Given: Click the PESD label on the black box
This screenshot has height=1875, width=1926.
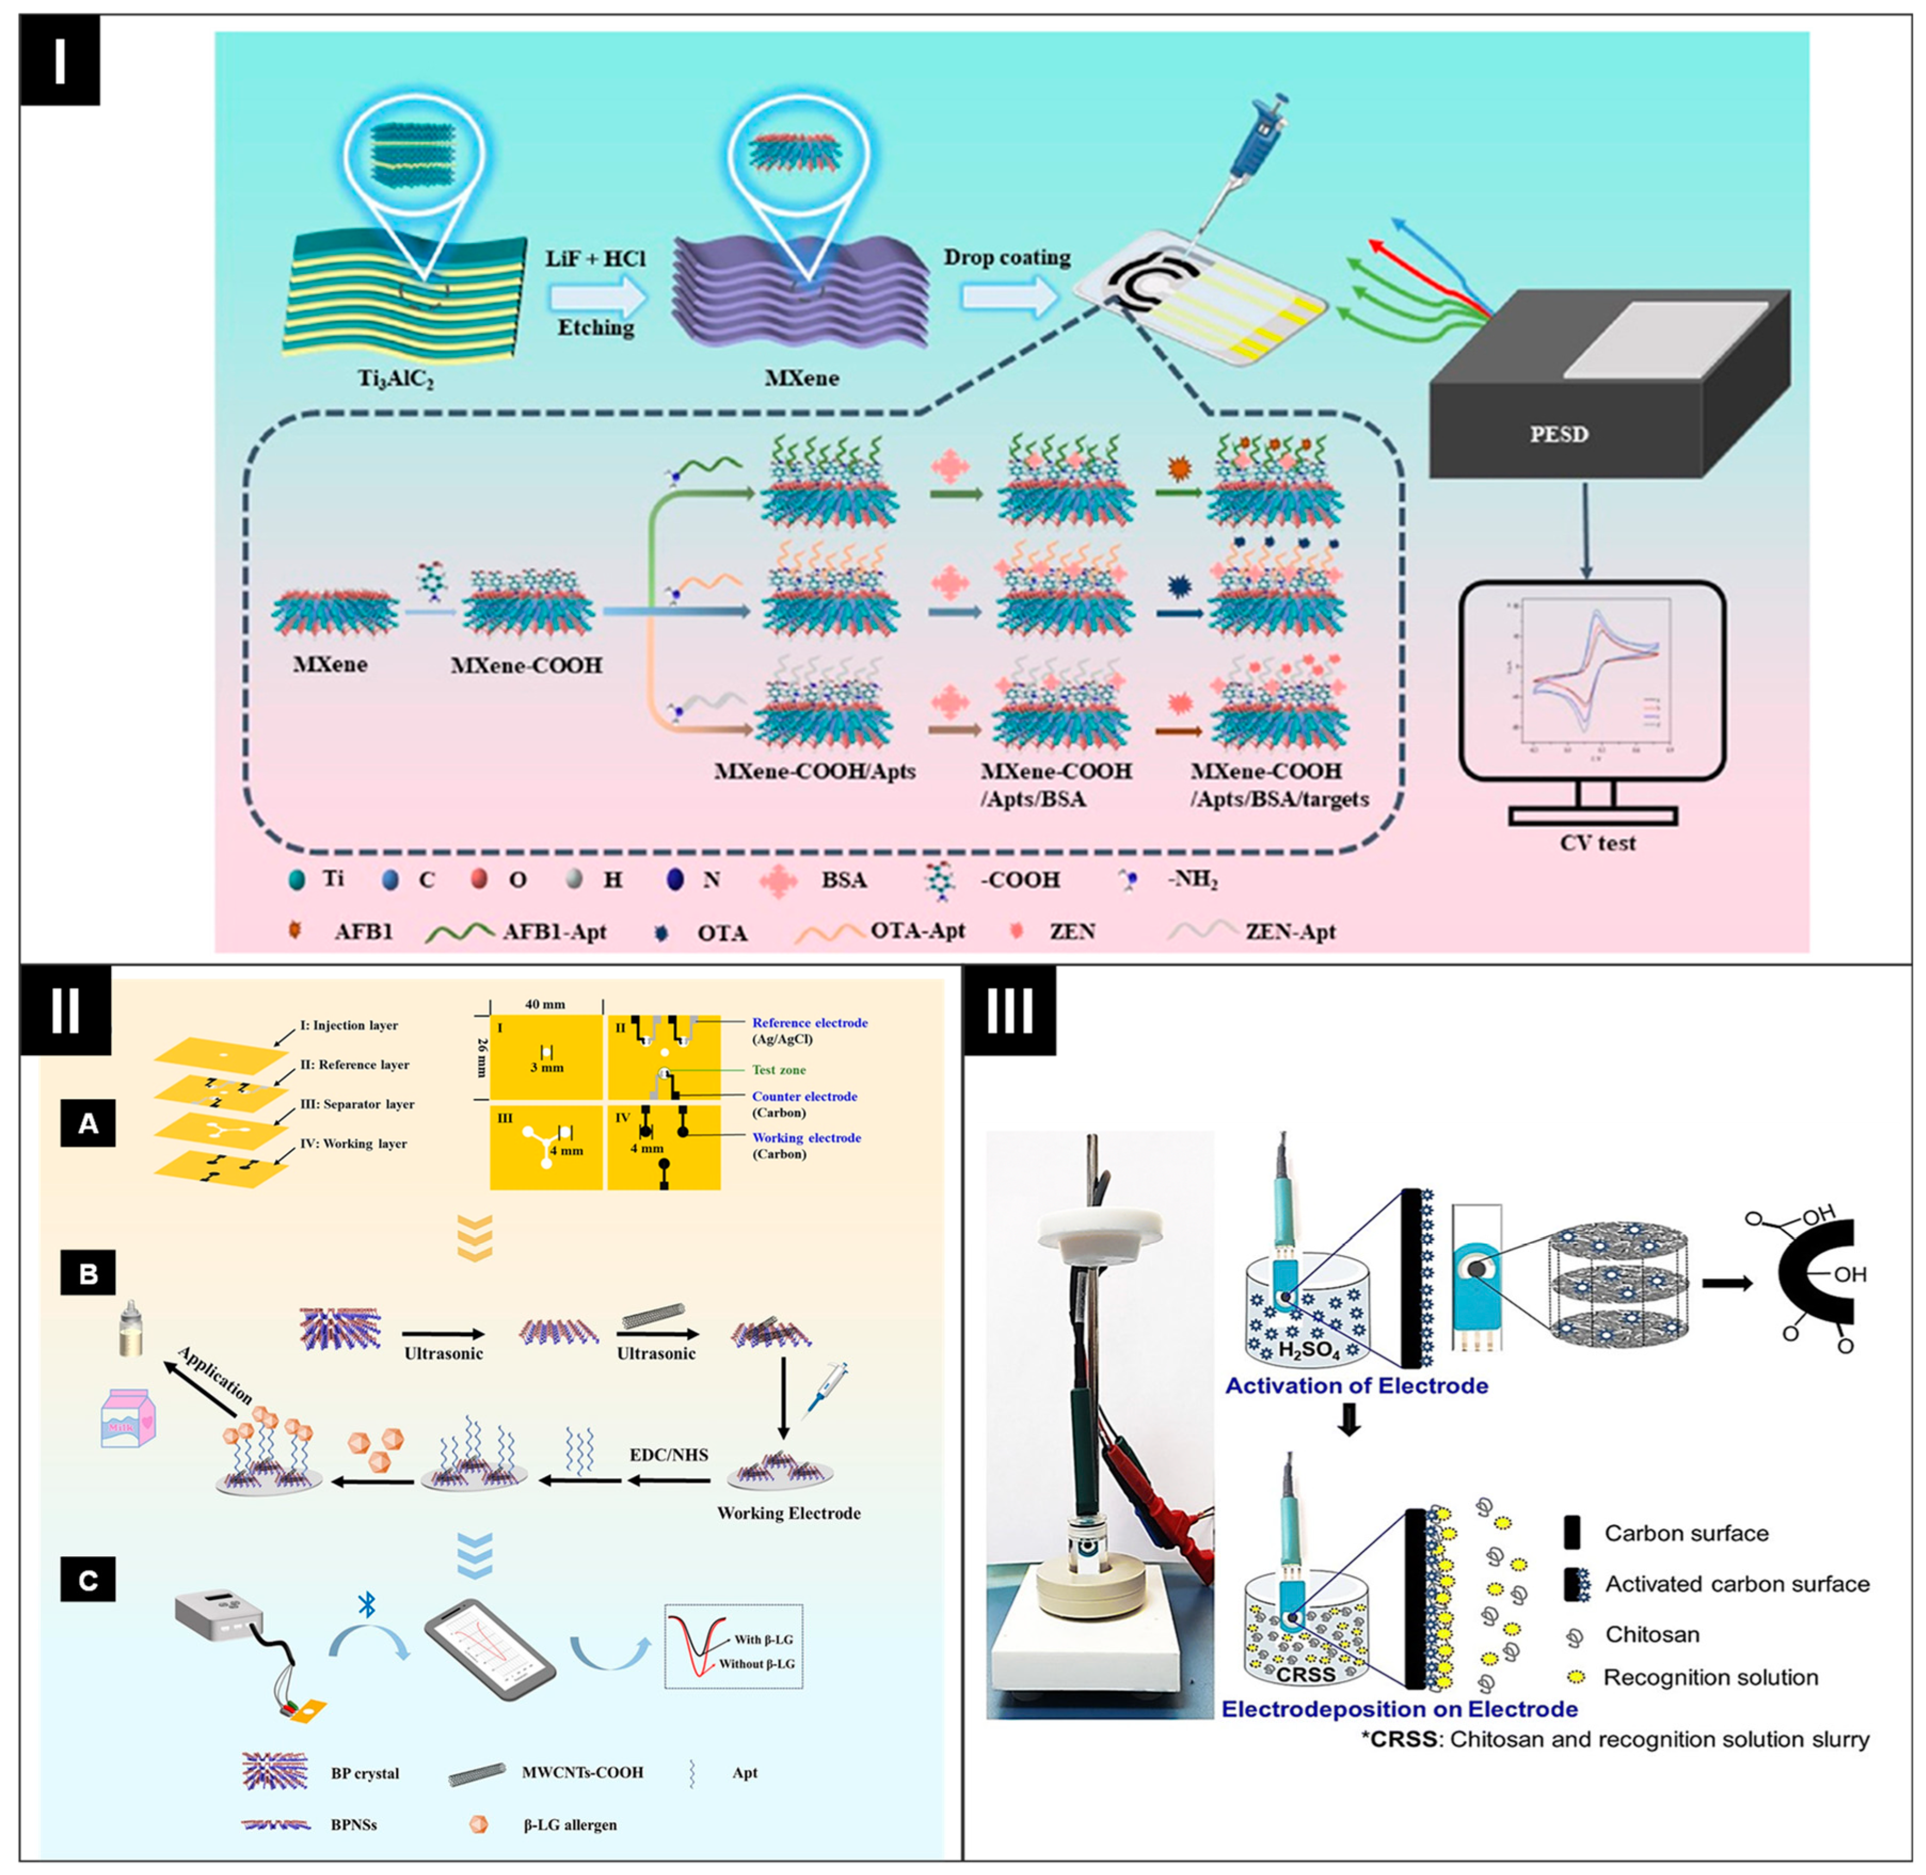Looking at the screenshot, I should (1559, 434).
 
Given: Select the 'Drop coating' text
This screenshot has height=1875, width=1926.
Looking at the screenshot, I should (1007, 258).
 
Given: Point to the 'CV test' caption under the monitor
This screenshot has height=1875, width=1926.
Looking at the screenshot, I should (1597, 843).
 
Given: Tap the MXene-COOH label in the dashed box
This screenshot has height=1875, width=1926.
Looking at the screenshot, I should (526, 666).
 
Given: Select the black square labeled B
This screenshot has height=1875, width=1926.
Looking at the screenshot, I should (88, 1273).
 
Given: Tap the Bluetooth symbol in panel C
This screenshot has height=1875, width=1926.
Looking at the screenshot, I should (366, 1604).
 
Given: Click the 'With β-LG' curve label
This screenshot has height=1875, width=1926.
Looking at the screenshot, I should (762, 1639).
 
